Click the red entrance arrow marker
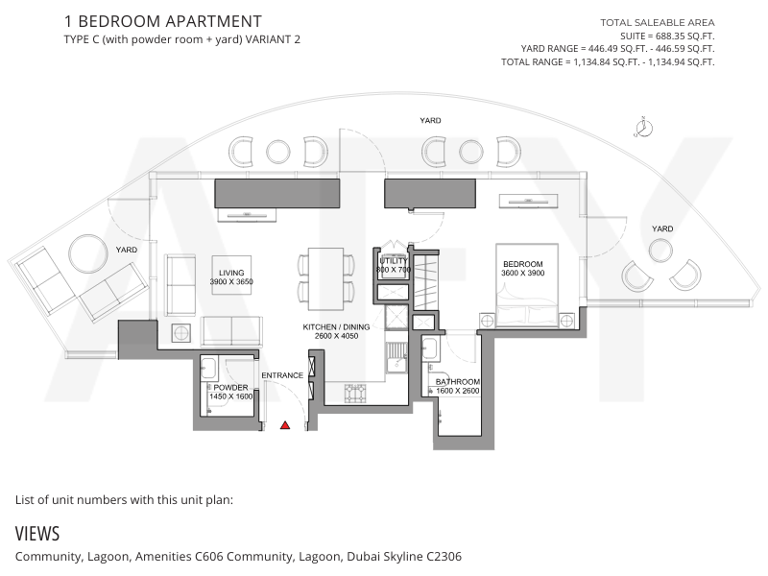pos(285,425)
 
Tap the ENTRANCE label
pos(282,375)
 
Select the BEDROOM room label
pos(522,264)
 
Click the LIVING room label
pos(231,273)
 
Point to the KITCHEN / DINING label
pos(336,326)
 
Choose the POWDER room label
pos(230,388)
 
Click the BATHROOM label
pos(458,381)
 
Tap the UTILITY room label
pos(394,261)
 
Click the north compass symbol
pos(643,128)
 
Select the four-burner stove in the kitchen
pos(355,394)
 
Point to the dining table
pos(325,278)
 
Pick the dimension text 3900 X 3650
pos(231,281)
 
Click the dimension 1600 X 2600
pos(458,391)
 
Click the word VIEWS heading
pos(37,534)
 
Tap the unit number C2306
pos(444,557)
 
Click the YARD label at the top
pos(430,121)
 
